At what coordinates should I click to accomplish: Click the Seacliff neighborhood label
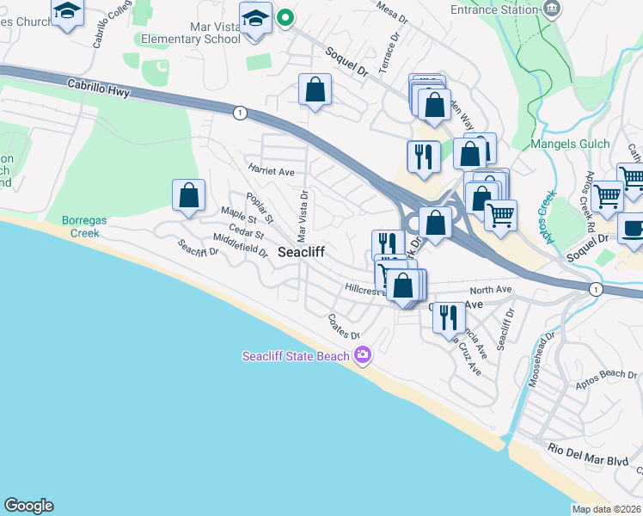300,252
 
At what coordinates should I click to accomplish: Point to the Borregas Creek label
84,226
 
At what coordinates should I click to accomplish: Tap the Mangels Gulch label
571,144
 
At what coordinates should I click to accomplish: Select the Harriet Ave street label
271,171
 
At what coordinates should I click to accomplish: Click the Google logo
28,506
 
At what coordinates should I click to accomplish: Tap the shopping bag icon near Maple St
189,195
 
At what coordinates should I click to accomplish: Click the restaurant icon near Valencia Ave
448,317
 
